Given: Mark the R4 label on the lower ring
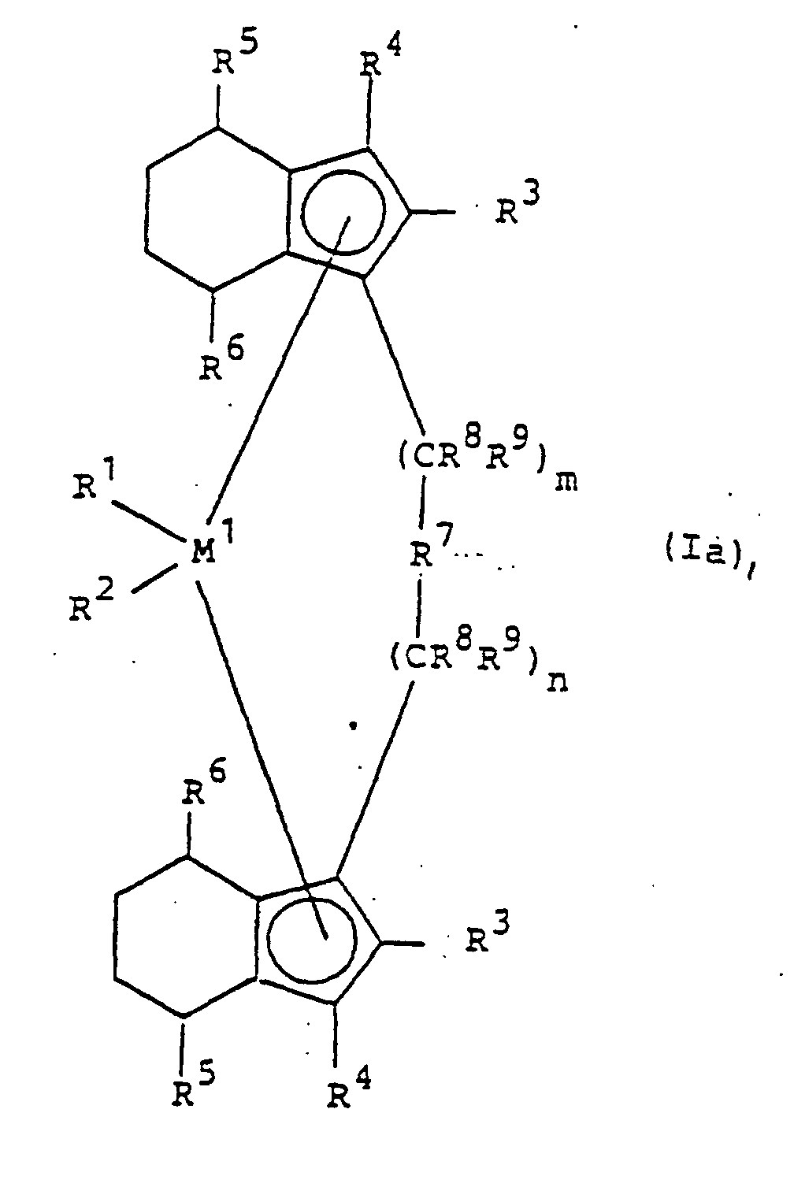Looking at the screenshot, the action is click(347, 1091).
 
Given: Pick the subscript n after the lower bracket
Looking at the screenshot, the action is click(558, 681).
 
